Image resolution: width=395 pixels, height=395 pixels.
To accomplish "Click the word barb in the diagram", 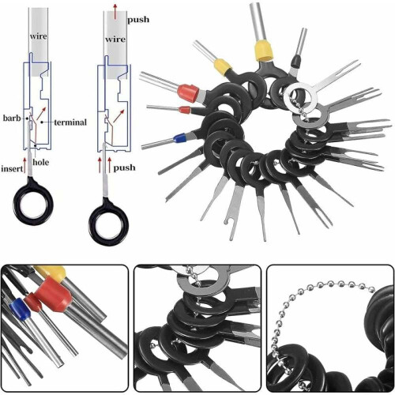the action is [12, 118].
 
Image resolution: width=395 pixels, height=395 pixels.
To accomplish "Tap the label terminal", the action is [70, 122].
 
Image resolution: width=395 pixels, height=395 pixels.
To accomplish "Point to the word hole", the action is [41, 162].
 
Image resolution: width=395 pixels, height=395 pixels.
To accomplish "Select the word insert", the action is [12, 168].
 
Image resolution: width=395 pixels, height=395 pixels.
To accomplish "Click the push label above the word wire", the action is [138, 20].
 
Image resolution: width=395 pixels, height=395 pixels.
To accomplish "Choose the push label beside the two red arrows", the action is [124, 167].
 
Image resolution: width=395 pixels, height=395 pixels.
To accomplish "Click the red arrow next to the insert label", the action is [25, 165].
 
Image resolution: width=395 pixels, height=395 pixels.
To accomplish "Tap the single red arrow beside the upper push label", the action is [115, 12].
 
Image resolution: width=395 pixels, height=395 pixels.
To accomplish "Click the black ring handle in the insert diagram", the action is [33, 201].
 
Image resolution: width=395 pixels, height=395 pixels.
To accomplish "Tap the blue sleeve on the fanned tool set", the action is [180, 137].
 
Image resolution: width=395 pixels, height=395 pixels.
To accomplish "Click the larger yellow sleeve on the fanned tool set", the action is [263, 50].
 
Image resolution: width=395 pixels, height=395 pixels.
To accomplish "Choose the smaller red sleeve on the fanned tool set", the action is [184, 110].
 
